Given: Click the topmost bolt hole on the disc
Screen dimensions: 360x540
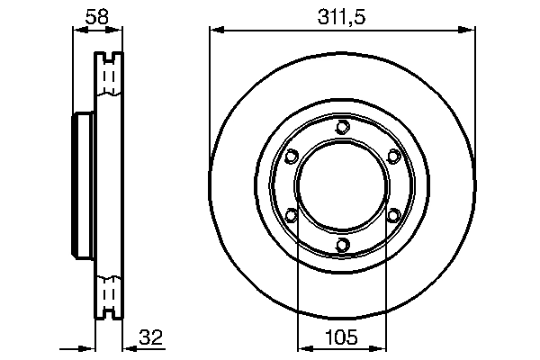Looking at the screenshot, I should click(341, 127).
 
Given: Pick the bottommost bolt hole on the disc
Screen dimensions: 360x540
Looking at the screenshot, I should click(341, 245).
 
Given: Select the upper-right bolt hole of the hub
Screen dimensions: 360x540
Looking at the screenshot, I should click(392, 157).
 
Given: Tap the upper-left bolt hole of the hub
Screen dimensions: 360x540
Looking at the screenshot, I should click(290, 157).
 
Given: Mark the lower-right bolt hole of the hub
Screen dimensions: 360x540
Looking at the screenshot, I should click(392, 215).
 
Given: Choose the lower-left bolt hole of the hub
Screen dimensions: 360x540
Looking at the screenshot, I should click(290, 215).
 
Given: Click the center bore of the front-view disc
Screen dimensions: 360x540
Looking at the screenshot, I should click(341, 185).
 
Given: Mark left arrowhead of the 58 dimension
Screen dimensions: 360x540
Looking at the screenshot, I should click(76, 31).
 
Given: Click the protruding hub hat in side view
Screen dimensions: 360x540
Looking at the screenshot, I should click(80, 185).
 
